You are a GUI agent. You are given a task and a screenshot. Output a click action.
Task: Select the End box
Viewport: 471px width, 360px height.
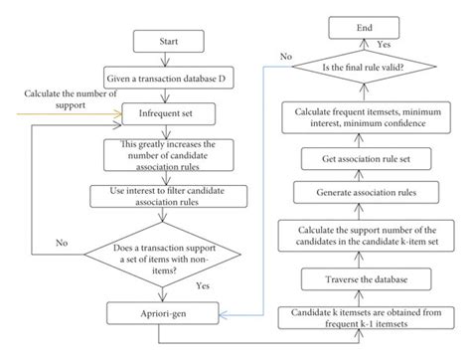click(x=364, y=30)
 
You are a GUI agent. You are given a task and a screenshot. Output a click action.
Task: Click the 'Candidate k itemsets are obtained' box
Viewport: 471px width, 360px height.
click(x=364, y=317)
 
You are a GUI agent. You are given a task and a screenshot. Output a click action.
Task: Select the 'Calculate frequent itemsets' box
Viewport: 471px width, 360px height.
click(x=364, y=117)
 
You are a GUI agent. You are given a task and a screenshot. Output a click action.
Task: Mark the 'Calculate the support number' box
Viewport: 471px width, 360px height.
click(x=364, y=235)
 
